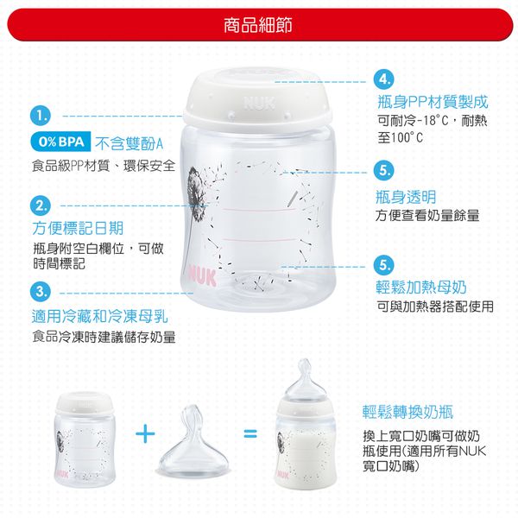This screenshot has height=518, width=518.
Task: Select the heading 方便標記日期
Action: tap(77, 229)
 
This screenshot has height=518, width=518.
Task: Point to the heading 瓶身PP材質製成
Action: tap(432, 102)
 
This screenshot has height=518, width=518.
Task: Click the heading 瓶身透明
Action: tap(406, 196)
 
